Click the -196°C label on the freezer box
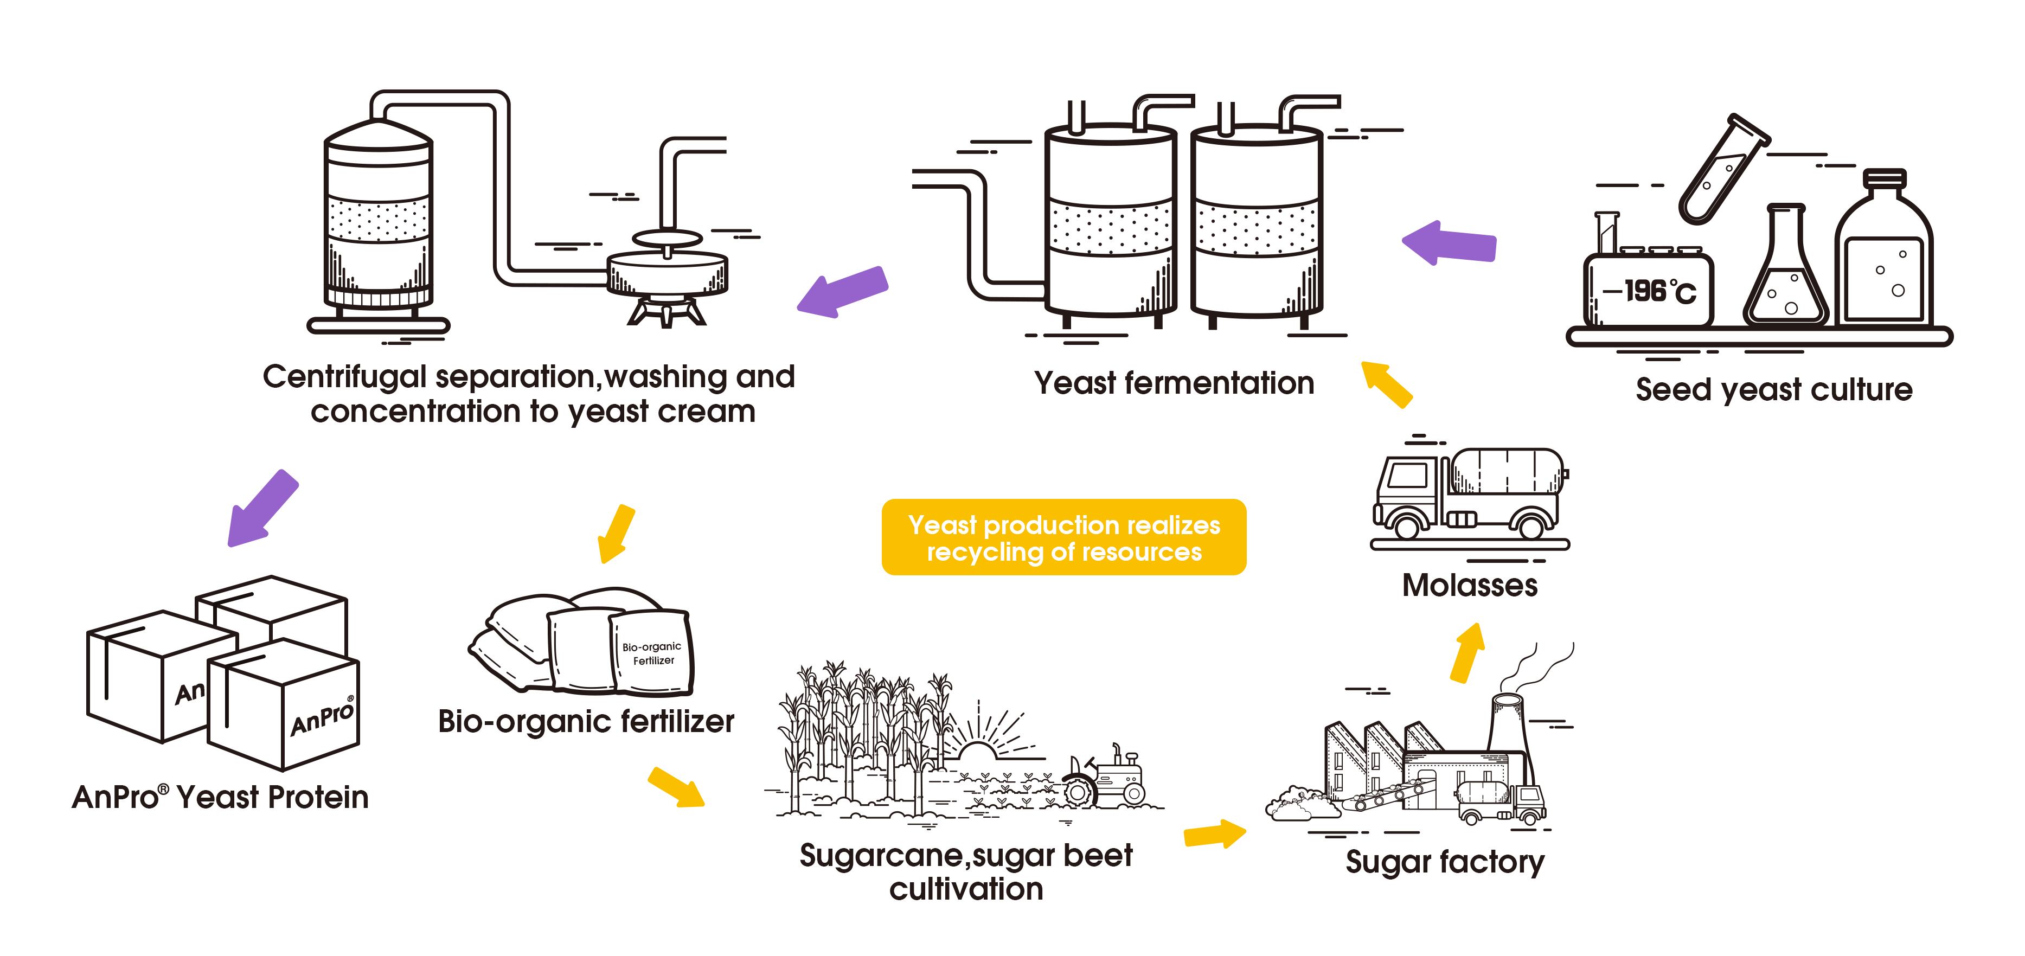(1649, 292)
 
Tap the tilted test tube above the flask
(1724, 169)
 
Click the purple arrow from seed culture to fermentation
(1450, 243)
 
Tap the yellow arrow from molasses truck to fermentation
(1387, 384)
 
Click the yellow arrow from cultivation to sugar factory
(1215, 833)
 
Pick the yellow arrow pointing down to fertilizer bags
(616, 534)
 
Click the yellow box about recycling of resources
(1063, 538)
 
